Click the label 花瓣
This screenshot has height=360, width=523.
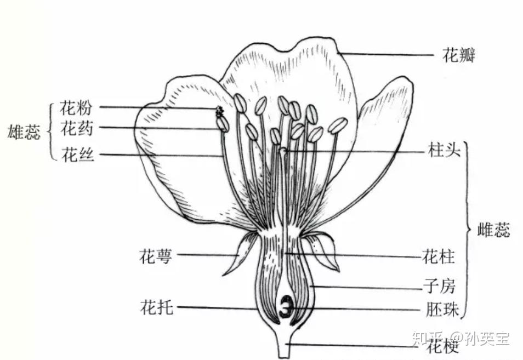click(x=459, y=55)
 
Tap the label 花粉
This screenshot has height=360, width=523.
click(x=76, y=107)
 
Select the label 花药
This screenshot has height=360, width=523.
click(x=76, y=130)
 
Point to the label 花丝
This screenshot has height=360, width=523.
click(x=77, y=155)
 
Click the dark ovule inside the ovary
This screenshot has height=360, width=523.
click(x=286, y=307)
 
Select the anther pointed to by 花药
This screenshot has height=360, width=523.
click(x=223, y=124)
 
